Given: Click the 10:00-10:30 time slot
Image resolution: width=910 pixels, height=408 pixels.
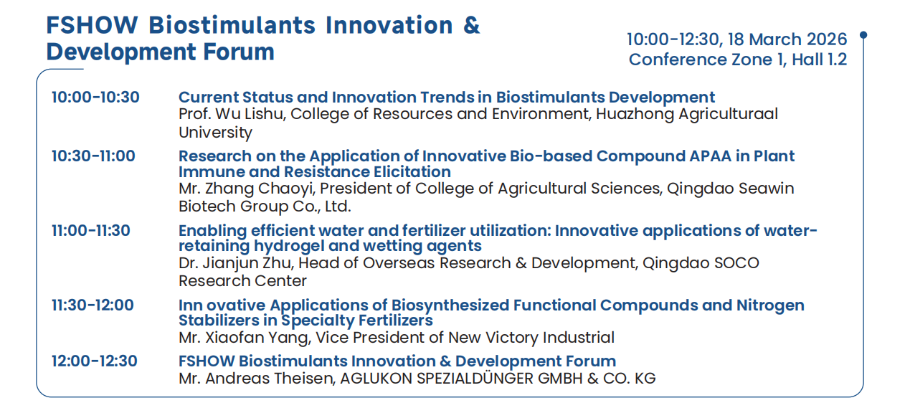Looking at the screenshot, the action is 95,98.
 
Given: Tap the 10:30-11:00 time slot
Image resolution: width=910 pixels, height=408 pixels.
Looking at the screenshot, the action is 93,156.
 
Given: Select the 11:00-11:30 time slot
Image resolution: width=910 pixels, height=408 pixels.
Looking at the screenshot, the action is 91,231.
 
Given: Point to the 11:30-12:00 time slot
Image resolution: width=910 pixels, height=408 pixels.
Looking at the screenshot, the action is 93,305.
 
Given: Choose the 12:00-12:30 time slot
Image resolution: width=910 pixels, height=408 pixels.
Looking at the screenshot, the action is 95,361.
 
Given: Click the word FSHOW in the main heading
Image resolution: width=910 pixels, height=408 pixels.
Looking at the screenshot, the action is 93,25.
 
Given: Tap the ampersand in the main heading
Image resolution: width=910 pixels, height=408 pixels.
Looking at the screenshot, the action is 471,25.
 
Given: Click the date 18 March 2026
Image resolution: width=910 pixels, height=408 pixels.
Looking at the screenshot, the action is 787,39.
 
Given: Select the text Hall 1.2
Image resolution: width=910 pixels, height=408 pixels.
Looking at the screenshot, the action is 820,60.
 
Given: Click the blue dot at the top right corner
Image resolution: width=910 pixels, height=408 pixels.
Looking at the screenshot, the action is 863,35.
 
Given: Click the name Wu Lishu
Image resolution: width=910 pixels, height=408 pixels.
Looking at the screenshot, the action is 250,114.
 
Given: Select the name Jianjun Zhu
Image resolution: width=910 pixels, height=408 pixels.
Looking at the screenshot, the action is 247,263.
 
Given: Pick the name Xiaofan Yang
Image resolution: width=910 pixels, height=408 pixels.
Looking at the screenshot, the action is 257,338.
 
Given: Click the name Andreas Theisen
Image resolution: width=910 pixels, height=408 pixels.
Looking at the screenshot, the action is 270,379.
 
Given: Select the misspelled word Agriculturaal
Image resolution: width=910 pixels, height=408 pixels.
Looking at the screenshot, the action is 728,114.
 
